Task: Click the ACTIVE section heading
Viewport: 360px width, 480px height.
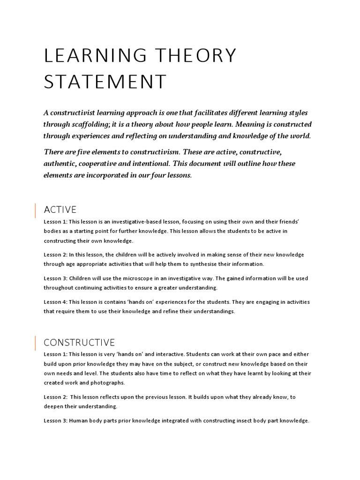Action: coord(60,210)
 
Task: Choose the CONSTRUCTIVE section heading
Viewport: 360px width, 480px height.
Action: coord(79,343)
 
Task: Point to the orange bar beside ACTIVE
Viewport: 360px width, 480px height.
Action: coord(36,210)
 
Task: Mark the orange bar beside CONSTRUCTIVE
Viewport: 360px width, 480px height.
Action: coord(36,344)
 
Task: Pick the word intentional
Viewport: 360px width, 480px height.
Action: coord(192,164)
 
